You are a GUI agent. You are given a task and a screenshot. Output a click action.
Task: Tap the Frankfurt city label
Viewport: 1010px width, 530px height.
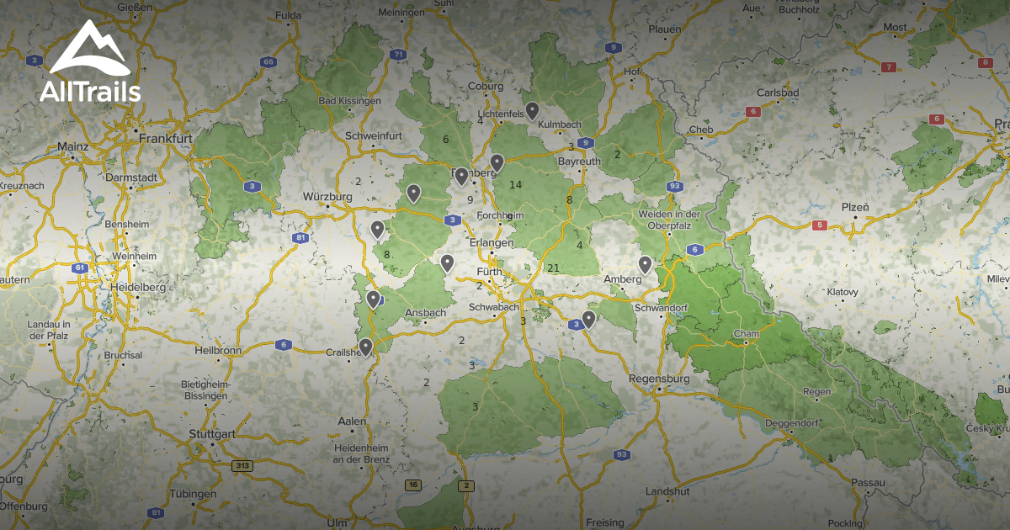point(167,138)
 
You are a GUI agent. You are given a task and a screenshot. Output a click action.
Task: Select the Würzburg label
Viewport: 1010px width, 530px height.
point(327,197)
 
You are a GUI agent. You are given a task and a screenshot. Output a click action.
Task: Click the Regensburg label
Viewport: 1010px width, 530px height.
point(660,379)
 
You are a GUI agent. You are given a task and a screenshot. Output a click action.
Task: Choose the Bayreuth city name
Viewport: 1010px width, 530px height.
point(580,161)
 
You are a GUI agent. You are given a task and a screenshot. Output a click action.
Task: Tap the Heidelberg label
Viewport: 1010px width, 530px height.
point(137,288)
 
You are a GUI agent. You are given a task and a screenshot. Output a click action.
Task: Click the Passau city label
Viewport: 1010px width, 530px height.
point(868,482)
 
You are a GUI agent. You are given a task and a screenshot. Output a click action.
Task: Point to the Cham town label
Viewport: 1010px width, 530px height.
point(747,334)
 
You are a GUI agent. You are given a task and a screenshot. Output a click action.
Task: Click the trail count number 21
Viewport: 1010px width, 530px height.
point(553,268)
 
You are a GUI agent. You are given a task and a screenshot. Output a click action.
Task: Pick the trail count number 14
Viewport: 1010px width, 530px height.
point(515,185)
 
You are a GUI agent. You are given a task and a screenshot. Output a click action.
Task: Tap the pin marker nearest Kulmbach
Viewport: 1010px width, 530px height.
point(533,110)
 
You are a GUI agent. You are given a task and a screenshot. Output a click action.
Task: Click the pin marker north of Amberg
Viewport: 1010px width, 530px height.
point(645,264)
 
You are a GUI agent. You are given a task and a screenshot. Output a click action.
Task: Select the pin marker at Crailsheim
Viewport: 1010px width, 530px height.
point(365,346)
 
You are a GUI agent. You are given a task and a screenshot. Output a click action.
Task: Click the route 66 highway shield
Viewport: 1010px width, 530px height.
point(268,61)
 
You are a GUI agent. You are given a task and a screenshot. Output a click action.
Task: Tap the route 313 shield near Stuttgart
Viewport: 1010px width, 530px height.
point(242,464)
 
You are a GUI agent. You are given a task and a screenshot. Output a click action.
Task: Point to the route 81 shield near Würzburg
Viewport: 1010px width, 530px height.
point(300,238)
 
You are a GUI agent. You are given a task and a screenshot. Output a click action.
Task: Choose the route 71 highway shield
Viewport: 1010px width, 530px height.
point(398,55)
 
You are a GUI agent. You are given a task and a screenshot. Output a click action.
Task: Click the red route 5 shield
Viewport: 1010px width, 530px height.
point(820,225)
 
